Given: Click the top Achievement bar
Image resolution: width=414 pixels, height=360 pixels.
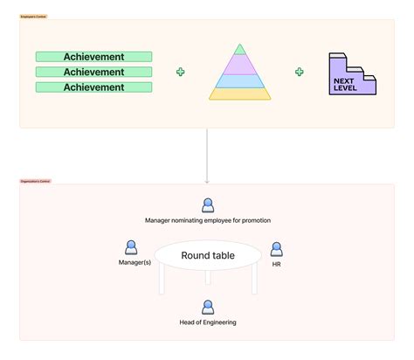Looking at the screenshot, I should point(93,57).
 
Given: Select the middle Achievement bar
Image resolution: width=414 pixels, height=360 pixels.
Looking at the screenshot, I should point(93,72).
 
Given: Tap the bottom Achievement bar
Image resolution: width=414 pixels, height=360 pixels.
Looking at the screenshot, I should point(93,87).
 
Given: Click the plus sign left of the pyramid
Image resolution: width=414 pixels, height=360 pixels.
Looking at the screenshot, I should point(181,72).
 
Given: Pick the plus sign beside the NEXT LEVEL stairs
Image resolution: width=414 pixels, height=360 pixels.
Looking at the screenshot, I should point(299,72).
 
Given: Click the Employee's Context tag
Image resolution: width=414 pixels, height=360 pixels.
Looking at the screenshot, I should point(34,17).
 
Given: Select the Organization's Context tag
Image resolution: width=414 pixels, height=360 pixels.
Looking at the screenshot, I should point(36,181).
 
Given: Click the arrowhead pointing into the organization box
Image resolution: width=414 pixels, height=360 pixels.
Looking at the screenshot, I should point(207,180).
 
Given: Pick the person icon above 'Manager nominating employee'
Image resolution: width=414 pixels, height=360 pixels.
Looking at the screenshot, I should point(208,205).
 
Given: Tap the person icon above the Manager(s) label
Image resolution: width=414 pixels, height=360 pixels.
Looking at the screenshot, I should point(131,248).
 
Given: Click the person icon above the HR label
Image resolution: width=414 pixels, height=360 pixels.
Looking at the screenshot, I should point(276,249).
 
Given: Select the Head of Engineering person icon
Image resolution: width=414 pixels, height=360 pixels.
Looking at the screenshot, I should point(208,307).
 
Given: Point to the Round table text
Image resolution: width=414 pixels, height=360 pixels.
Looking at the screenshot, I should point(207,256).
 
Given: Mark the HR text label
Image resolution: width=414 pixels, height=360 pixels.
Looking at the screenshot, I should point(276,263).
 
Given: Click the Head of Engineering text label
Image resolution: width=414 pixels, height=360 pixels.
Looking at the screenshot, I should point(208,322).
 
